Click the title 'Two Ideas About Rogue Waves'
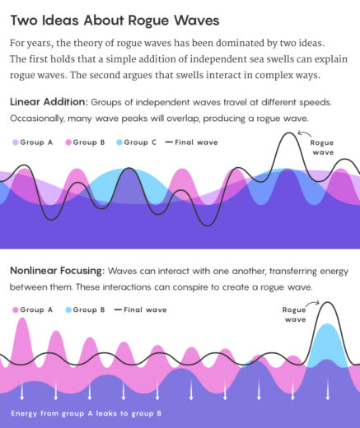coord(115,20)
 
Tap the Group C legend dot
coord(119,142)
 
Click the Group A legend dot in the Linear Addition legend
coord(15,142)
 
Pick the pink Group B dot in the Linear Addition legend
coord(68,142)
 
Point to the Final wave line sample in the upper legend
coord(170,142)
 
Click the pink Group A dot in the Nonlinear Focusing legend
coord(15,309)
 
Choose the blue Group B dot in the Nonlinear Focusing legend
coord(68,309)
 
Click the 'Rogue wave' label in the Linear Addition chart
coord(321,147)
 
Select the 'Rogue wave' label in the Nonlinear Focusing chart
coord(295,314)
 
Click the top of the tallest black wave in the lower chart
coord(328,303)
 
